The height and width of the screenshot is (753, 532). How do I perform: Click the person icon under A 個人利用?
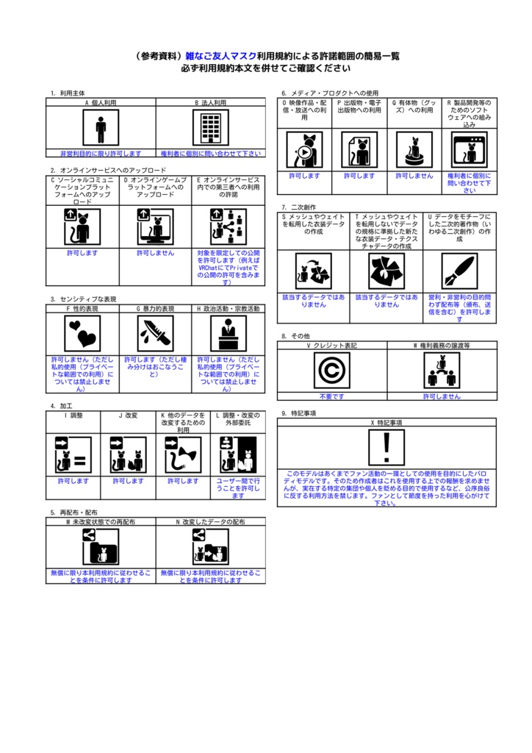point(101,129)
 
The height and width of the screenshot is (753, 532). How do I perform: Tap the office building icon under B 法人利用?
point(211,129)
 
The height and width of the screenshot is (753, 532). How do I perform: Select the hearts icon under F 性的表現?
point(82,333)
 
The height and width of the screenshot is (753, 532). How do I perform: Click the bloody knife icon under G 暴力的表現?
point(155,333)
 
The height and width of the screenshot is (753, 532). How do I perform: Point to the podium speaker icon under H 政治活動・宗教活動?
point(228,333)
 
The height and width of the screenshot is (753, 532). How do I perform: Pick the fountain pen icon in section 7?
point(459,271)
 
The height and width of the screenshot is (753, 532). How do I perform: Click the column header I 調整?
point(73,415)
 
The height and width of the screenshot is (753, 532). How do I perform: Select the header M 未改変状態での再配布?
point(101,521)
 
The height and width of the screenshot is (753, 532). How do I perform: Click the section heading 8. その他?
point(295,336)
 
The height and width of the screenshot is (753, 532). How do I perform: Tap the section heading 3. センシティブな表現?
point(83,299)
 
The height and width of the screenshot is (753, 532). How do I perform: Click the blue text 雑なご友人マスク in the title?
point(220,56)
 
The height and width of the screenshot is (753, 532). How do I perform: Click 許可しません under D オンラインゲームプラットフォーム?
point(155,253)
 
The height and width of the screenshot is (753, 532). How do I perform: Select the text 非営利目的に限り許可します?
point(101,154)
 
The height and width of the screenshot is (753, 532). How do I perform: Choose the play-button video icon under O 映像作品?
point(303,150)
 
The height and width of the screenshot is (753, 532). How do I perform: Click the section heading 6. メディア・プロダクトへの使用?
point(330,93)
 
